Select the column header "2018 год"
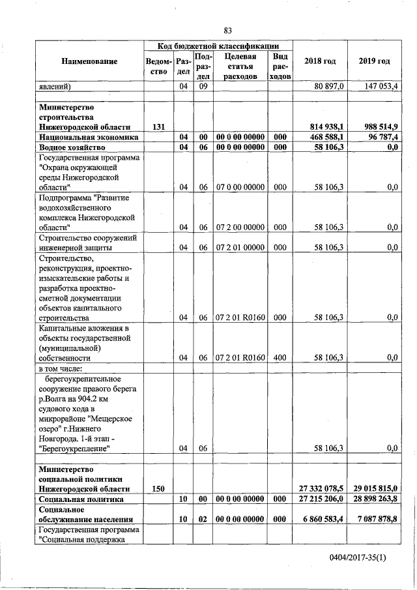[320, 61]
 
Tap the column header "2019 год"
[374, 61]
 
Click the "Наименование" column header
[89, 61]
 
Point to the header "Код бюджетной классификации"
[218, 46]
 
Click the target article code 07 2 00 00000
[240, 228]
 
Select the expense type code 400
[280, 358]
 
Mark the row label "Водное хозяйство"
[69, 148]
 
